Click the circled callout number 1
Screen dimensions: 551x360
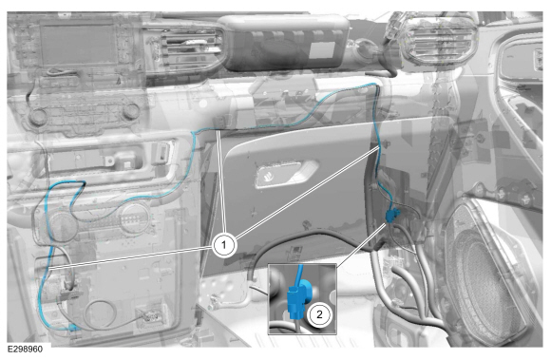pyautogui.click(x=224, y=245)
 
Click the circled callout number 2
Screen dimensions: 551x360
pyautogui.click(x=319, y=313)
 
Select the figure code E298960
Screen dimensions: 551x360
pyautogui.click(x=26, y=350)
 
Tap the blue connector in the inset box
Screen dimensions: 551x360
pyautogui.click(x=297, y=299)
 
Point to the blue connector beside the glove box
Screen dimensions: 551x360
pyautogui.click(x=392, y=215)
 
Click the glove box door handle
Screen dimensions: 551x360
pyautogui.click(x=286, y=173)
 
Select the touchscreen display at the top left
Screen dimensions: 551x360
pyautogui.click(x=77, y=43)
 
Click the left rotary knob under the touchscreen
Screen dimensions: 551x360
pyautogui.click(x=38, y=116)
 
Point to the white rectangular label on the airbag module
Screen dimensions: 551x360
pyautogui.click(x=322, y=50)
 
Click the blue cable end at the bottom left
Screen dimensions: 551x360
pyautogui.click(x=73, y=328)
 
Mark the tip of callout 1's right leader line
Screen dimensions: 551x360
pyautogui.click(x=379, y=148)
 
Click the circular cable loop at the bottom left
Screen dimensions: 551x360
pyautogui.click(x=102, y=315)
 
